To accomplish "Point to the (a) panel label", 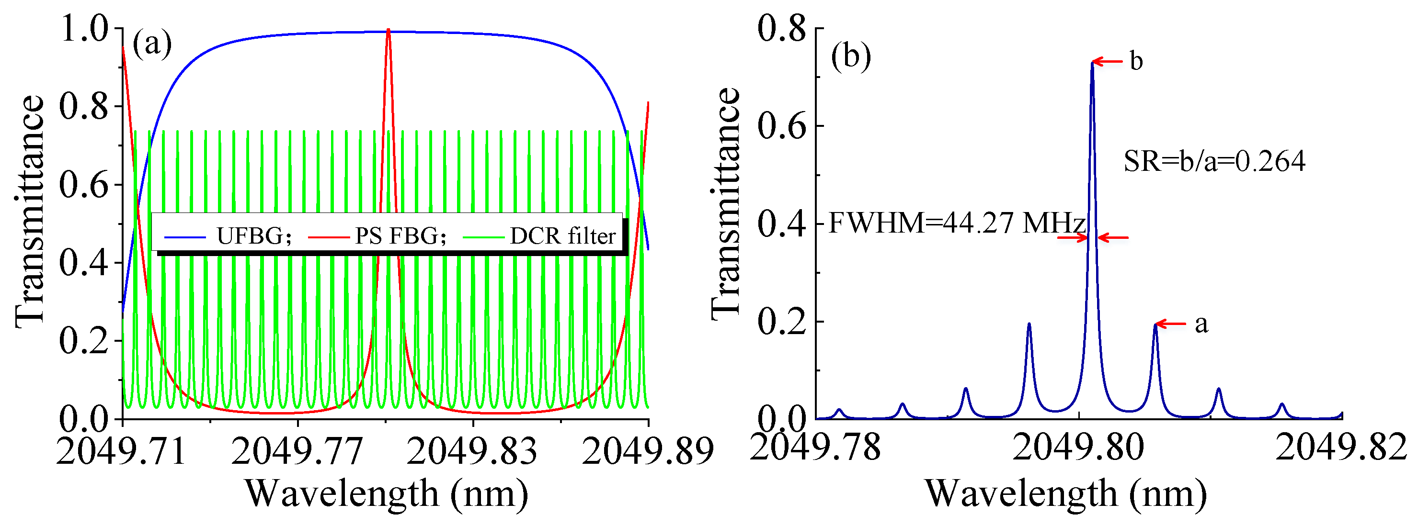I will pyautogui.click(x=152, y=44).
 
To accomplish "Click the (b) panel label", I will pyautogui.click(x=851, y=56).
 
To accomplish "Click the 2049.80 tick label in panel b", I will pyautogui.click(x=1078, y=447).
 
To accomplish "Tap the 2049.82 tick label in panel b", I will pyautogui.click(x=1341, y=447).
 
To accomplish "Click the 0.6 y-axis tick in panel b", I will pyautogui.click(x=781, y=126).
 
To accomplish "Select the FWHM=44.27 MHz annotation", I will pyautogui.click(x=957, y=223).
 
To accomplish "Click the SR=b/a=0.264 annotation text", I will pyautogui.click(x=1214, y=161).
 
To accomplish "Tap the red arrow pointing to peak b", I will pyautogui.click(x=1107, y=62).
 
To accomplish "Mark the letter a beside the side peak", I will pyautogui.click(x=1201, y=324).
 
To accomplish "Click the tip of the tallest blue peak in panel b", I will pyautogui.click(x=1092, y=63).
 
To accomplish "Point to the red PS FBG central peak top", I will pyautogui.click(x=389, y=30).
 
